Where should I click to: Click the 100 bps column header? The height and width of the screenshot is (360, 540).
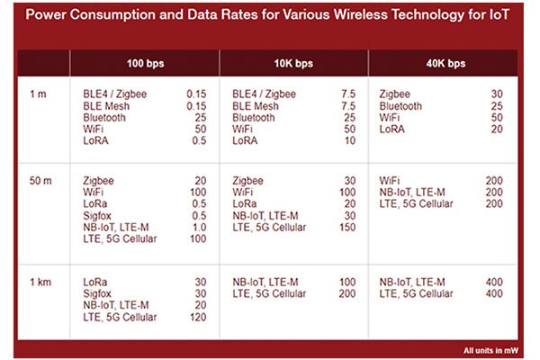click(146, 63)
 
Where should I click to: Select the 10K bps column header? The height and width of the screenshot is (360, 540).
click(294, 63)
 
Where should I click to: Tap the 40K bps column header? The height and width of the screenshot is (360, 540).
click(445, 63)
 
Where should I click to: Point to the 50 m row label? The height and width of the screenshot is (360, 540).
click(40, 181)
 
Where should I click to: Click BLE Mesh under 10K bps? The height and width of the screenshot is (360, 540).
click(256, 105)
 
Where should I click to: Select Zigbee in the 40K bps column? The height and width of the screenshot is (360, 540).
click(397, 94)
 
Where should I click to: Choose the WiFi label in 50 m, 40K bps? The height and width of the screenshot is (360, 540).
click(391, 181)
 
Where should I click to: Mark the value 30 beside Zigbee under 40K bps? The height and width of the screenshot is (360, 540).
click(497, 94)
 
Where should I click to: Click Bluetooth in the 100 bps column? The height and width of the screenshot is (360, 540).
click(104, 117)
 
